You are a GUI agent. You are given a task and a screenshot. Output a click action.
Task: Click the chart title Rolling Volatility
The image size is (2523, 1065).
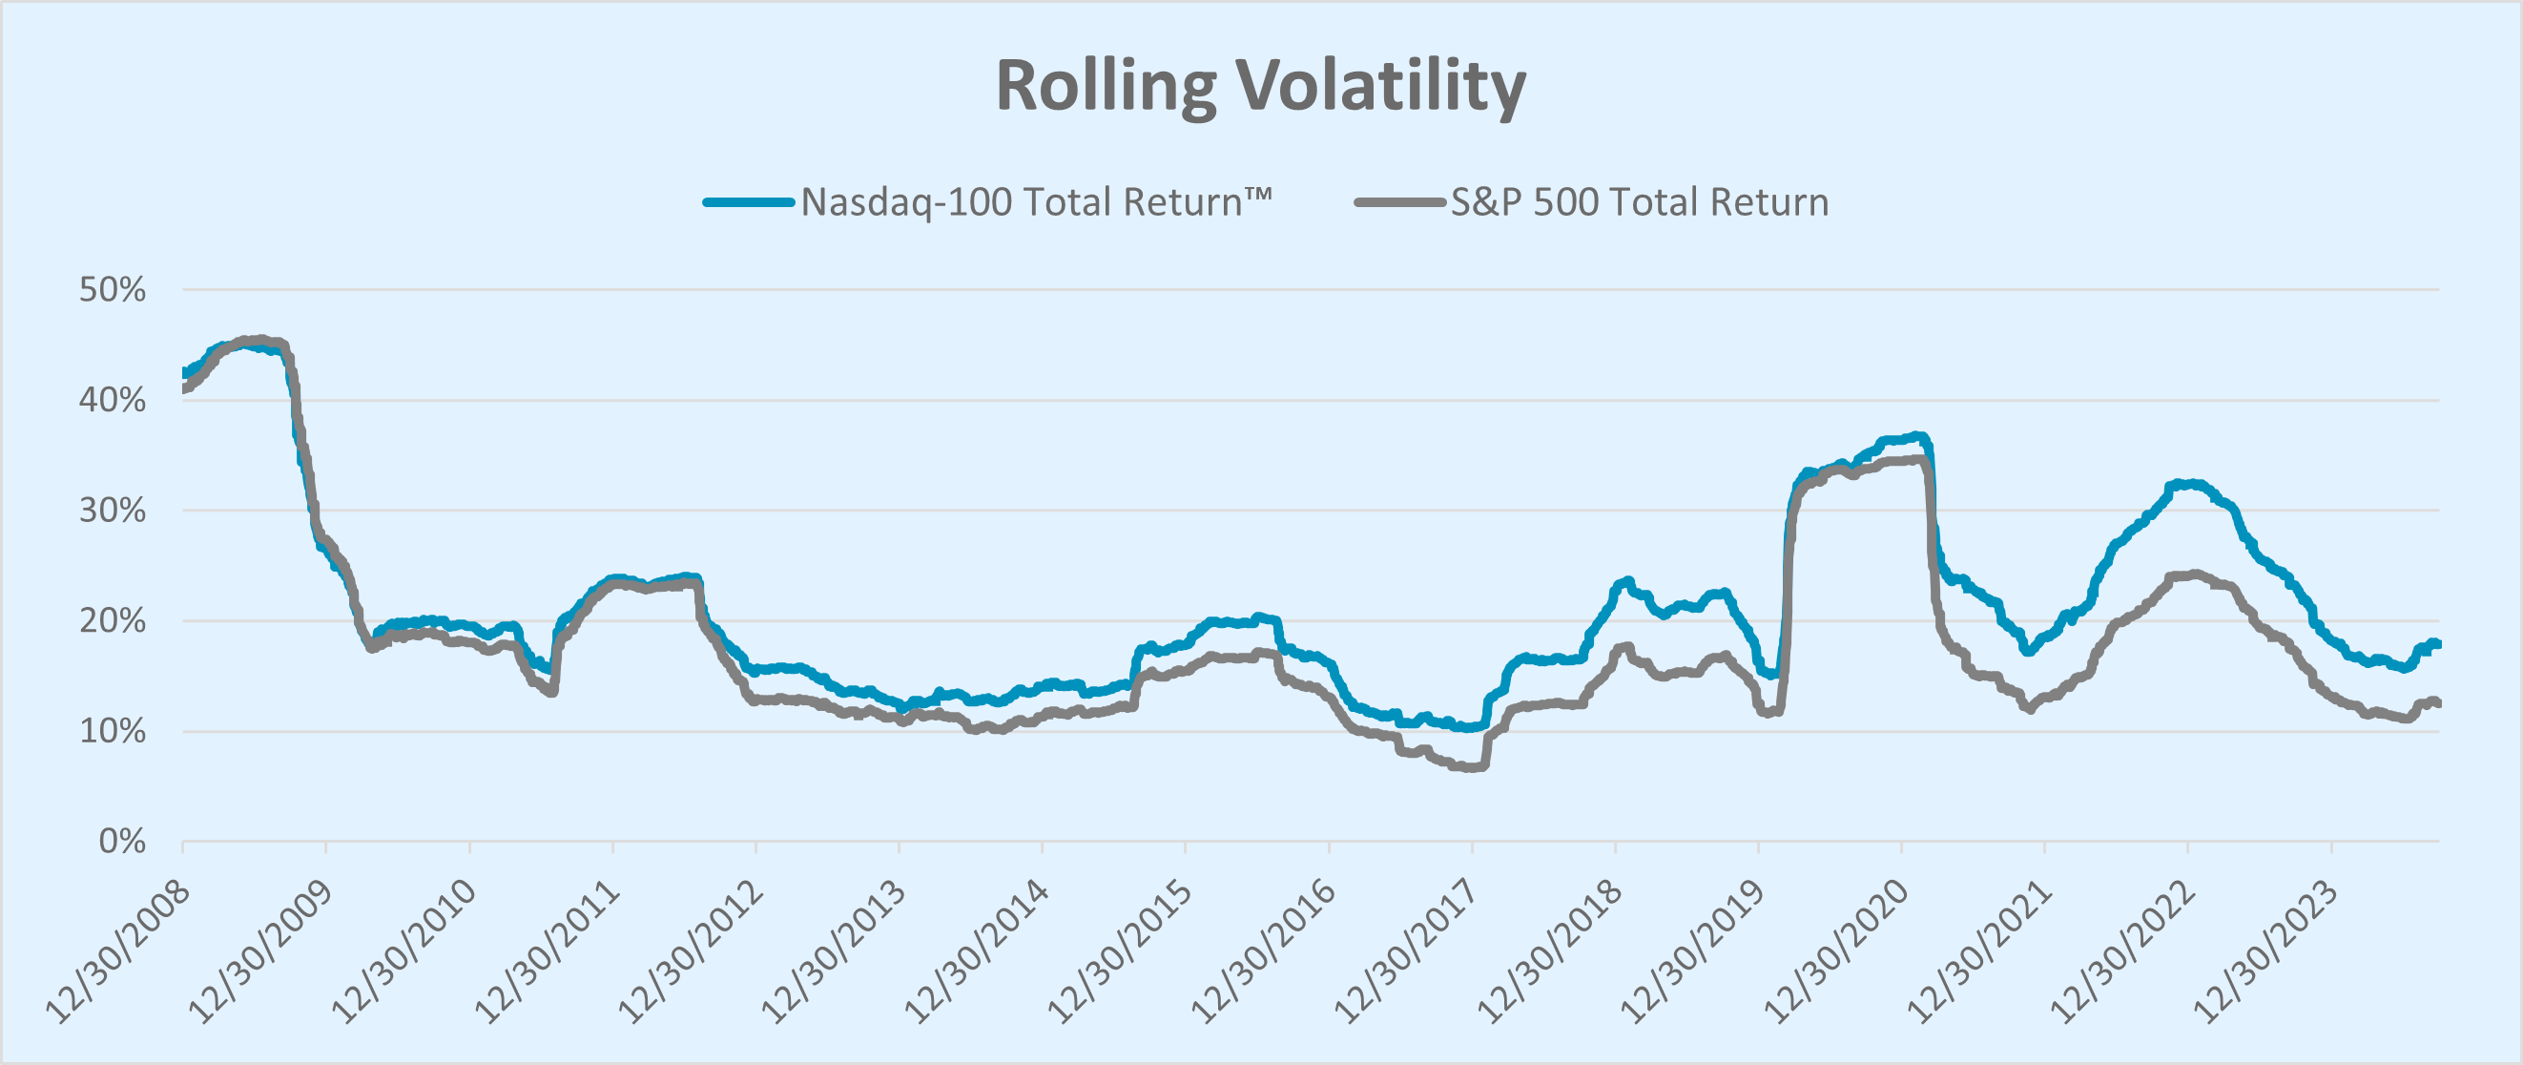tap(1259, 86)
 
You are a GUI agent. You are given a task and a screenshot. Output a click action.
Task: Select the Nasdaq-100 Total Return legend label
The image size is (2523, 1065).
tap(1036, 201)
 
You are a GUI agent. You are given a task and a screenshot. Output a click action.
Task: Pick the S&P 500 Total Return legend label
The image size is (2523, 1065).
tap(1640, 201)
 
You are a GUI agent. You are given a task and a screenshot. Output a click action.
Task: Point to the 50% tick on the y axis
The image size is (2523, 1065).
tap(113, 290)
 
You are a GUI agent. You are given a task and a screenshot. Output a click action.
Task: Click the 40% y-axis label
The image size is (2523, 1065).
tap(113, 400)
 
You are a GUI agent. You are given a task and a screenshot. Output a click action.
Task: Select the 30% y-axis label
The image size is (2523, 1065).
tap(113, 511)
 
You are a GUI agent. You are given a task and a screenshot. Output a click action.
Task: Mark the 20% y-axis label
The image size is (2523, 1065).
tap(113, 621)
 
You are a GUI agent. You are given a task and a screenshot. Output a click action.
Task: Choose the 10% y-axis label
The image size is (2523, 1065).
tap(113, 731)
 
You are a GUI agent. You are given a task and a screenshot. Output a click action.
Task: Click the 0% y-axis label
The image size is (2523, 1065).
tap(122, 842)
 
